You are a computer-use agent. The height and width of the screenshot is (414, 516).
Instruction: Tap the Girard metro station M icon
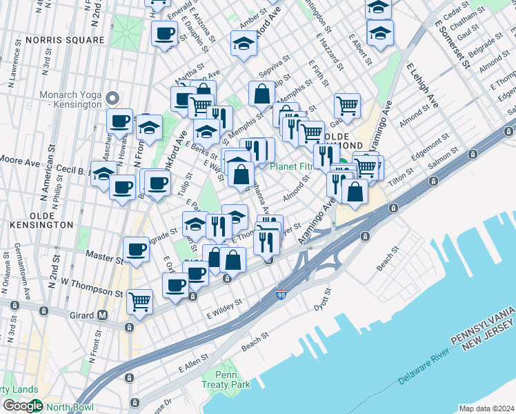103,315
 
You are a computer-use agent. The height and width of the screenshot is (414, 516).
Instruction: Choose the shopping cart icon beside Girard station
140,302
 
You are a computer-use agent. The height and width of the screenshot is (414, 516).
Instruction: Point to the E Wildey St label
225,308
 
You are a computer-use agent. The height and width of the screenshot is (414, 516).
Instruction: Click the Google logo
22,406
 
